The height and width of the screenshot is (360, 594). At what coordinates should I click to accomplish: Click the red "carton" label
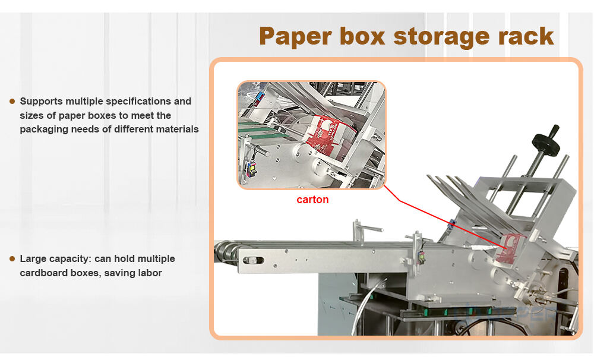coord(312,200)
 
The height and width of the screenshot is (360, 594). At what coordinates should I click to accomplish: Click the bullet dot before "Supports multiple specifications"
coord(12,102)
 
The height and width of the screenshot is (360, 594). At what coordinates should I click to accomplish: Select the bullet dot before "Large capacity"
coord(12,259)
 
